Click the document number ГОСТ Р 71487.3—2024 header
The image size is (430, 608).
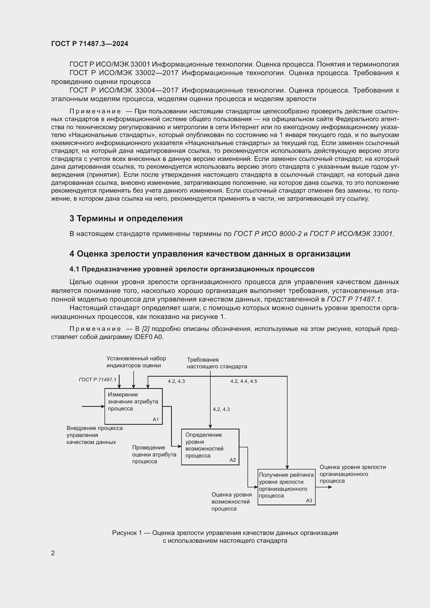(x=89, y=44)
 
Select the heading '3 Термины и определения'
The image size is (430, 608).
(x=126, y=218)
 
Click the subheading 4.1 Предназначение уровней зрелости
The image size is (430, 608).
(x=192, y=269)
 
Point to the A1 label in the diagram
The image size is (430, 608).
(x=156, y=420)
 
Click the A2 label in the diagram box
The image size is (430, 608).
(x=232, y=460)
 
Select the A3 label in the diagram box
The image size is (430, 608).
(x=309, y=500)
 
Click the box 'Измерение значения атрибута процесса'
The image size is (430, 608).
(x=133, y=406)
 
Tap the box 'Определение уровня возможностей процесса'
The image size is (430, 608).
(x=210, y=447)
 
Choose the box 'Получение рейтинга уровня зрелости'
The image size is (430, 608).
(x=286, y=487)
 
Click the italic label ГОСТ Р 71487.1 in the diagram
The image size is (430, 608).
(x=97, y=380)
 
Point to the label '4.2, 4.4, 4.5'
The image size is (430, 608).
(x=244, y=381)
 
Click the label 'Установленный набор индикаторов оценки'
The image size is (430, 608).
(x=136, y=362)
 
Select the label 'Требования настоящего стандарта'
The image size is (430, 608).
(x=217, y=363)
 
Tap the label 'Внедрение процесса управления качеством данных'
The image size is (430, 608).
(x=94, y=435)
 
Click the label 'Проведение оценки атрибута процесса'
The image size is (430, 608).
(x=154, y=454)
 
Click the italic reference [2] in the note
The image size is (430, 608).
(x=146, y=329)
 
